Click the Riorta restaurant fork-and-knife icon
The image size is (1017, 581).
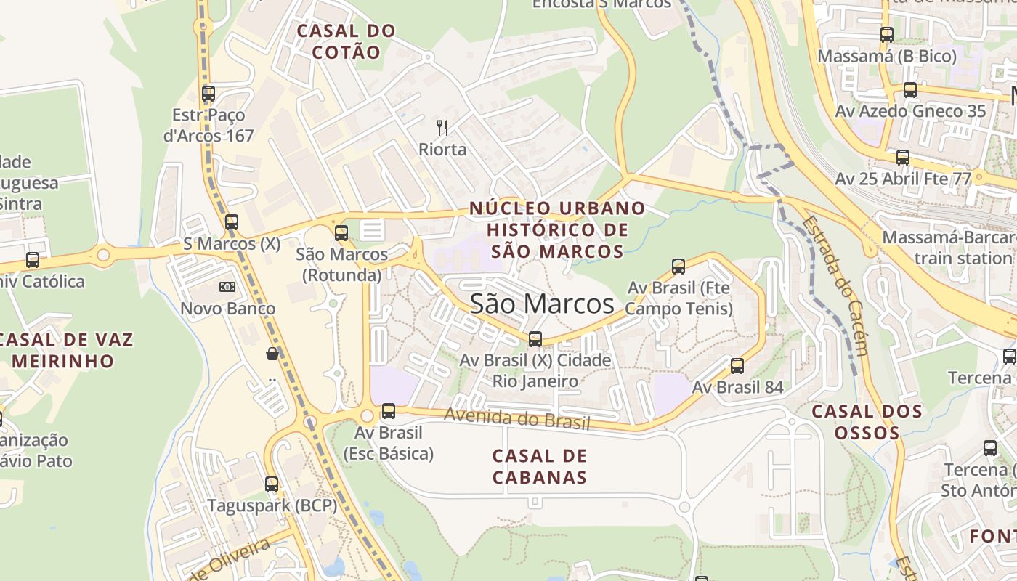(442, 128)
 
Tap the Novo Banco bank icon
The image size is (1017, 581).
(227, 287)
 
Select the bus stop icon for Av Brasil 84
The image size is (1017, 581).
(737, 366)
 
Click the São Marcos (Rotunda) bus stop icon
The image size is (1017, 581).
(341, 233)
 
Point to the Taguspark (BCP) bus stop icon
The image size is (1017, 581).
(272, 484)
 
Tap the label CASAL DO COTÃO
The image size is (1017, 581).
(346, 41)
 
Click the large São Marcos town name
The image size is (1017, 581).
(542, 304)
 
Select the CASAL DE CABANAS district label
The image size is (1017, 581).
(539, 466)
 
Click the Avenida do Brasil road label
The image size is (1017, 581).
(516, 418)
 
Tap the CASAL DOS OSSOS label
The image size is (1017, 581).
(867, 422)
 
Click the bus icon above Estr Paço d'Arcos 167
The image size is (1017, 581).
(208, 93)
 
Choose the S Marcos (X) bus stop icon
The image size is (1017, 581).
(232, 222)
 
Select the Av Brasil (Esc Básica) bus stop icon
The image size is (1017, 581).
(389, 411)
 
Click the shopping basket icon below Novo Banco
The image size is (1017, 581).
(272, 354)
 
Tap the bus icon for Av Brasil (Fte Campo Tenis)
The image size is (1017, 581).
(678, 267)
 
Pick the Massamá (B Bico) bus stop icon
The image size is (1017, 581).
(887, 34)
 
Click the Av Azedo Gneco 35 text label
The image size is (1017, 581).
(910, 111)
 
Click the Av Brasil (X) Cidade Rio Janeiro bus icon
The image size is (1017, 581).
(535, 338)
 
